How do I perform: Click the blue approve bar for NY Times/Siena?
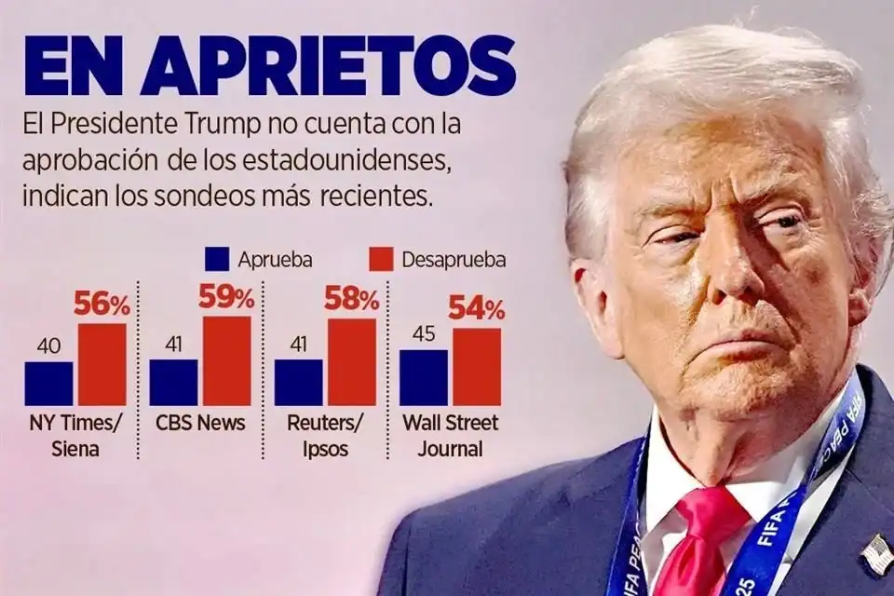coord(48,384)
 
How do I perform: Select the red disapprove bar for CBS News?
coord(227,361)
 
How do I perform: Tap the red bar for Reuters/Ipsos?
coord(352,362)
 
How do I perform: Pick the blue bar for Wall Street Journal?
coord(423,378)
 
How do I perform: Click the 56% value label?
coord(103,305)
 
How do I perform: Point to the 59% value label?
coord(226,298)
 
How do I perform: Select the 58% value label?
coord(351,300)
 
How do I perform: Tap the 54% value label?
coord(477,309)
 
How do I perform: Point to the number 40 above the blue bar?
coord(48,346)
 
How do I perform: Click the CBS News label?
coord(201,423)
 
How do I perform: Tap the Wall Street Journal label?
coord(450,436)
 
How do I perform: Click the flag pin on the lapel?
coord(875,554)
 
